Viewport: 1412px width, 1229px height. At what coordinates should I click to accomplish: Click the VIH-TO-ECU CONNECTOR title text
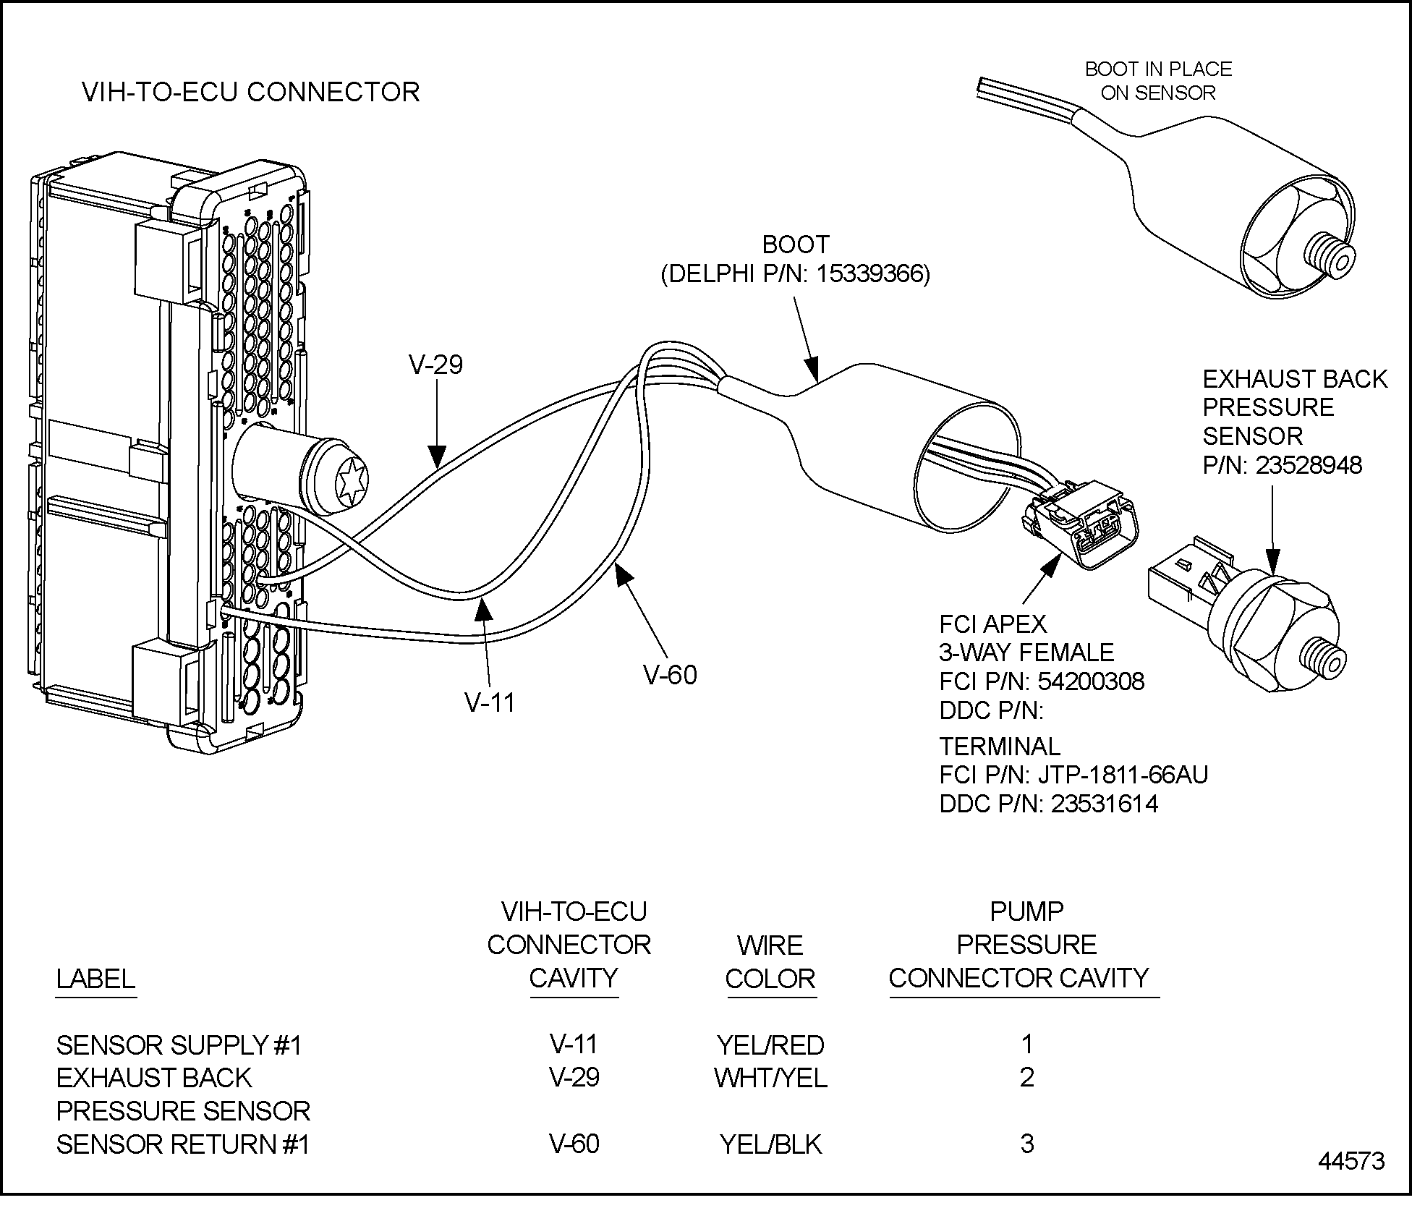pos(250,93)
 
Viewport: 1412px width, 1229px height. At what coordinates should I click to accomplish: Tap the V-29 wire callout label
pos(435,365)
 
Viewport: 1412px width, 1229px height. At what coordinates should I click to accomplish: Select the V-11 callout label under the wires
pos(490,702)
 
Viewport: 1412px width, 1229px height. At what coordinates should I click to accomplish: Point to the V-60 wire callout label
pos(670,676)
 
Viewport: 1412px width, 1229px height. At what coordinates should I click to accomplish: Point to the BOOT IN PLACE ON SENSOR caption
pos(1158,81)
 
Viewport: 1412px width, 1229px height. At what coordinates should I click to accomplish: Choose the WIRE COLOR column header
pos(770,962)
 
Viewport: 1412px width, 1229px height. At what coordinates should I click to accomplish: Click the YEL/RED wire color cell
pos(770,1045)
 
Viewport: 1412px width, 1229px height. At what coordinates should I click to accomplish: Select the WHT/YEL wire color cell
pos(770,1078)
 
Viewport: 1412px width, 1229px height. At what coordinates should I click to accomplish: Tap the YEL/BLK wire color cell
pos(770,1144)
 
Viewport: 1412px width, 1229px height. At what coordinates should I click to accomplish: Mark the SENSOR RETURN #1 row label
pos(183,1144)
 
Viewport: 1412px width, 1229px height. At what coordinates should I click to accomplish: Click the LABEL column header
pos(95,979)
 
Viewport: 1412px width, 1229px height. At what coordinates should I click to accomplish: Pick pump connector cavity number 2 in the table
pos(1026,1078)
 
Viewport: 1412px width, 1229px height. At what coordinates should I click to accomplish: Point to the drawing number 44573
pos(1351,1181)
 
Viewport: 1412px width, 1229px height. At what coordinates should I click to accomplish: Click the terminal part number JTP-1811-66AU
pos(1123,775)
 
